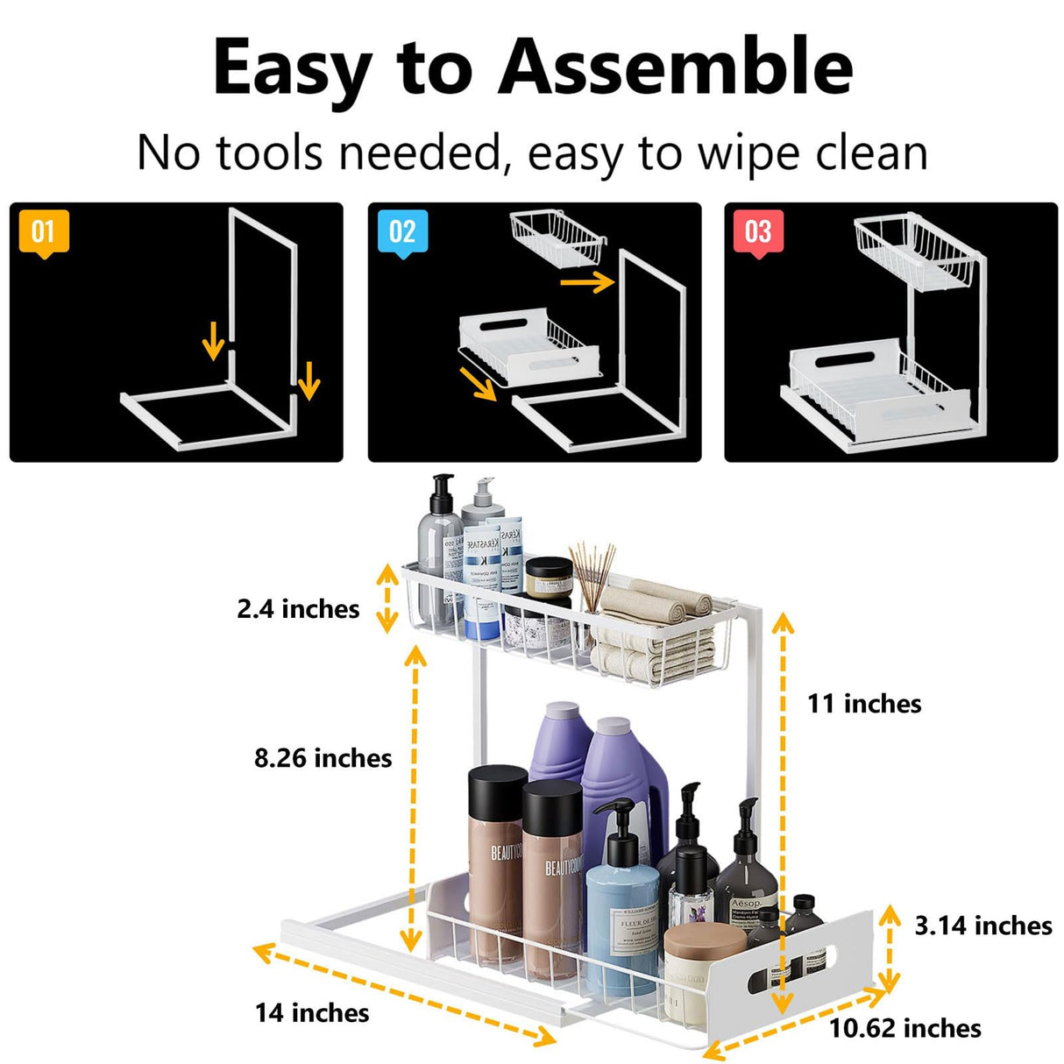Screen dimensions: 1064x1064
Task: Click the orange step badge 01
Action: (44, 232)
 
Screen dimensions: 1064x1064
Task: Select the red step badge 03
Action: (758, 232)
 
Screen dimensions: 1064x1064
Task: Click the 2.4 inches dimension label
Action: (298, 609)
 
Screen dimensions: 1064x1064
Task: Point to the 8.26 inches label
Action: (323, 758)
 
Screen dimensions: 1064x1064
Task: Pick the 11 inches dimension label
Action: (864, 704)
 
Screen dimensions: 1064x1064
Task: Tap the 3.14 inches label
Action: (983, 926)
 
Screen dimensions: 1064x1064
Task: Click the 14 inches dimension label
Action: (312, 1013)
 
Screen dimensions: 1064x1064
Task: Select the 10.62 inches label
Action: (905, 1028)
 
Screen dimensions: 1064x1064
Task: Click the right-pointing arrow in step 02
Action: (586, 282)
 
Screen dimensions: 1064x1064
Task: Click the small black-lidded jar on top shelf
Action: (549, 578)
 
